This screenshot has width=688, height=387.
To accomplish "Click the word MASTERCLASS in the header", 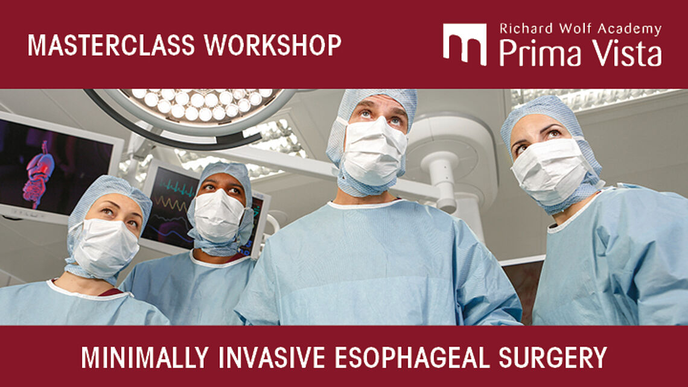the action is coord(112,45).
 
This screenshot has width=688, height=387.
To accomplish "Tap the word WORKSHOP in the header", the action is coord(273,45).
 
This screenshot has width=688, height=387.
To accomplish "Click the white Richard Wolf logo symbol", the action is coord(465,44).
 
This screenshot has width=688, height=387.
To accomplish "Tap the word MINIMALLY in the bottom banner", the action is coord(145,357).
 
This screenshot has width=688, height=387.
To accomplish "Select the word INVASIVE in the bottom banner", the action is coord(272,357).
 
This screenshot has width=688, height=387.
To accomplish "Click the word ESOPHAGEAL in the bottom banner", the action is coord(412,357).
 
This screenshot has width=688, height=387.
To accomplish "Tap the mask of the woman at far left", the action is coord(104,247).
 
